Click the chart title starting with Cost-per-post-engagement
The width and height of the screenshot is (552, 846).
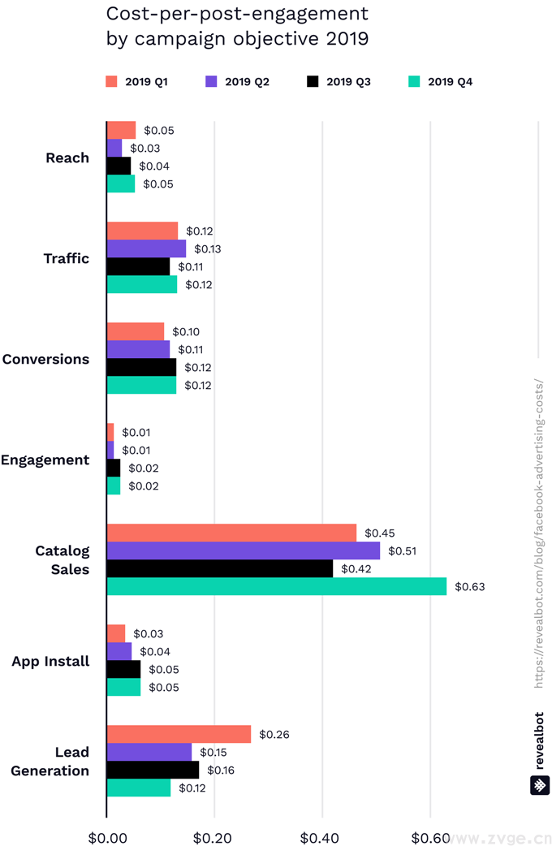tap(237, 26)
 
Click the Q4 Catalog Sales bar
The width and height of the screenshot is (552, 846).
tap(277, 586)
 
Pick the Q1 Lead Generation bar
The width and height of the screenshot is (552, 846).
tap(179, 734)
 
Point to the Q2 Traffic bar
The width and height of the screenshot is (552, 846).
tap(147, 248)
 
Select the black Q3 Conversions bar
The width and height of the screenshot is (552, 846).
tap(142, 367)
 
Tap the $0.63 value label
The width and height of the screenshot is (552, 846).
tap(469, 586)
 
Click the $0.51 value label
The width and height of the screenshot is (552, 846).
tap(403, 550)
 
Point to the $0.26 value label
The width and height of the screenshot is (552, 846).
tap(274, 734)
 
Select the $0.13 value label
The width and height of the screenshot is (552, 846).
tap(208, 248)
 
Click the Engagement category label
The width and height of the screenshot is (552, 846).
tap(45, 460)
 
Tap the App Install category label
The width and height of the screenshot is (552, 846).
tap(50, 661)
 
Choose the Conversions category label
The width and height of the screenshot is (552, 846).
tap(46, 359)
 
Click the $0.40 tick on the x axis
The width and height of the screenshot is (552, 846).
tap(322, 836)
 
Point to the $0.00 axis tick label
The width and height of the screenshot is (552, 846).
tap(106, 836)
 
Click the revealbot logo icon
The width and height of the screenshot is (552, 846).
tap(540, 785)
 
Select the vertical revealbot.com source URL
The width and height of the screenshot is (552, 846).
tap(540, 532)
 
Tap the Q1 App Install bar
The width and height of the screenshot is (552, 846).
tap(117, 633)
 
